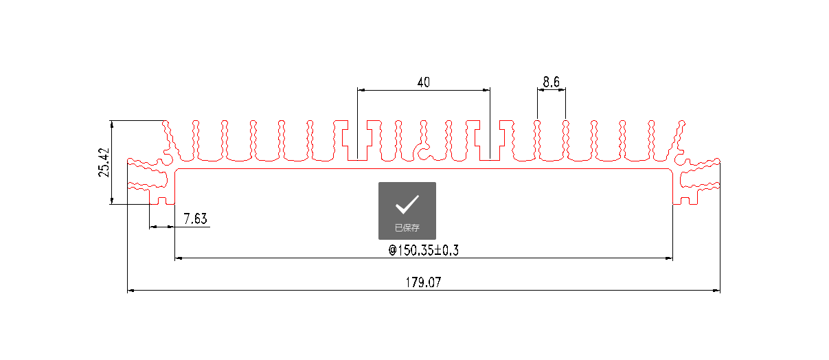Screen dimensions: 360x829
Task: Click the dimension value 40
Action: (423, 82)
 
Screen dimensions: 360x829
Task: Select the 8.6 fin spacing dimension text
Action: (551, 82)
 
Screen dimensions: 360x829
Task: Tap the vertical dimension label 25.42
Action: (104, 162)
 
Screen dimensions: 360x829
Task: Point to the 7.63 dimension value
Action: (195, 219)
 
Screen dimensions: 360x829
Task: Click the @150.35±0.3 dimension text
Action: (423, 251)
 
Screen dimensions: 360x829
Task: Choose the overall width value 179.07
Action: (423, 282)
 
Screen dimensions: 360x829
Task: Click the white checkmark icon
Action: (407, 205)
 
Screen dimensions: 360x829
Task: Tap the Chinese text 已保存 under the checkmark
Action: (407, 228)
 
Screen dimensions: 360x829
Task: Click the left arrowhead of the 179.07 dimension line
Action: (131, 291)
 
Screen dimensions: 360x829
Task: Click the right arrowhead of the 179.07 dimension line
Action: (716, 291)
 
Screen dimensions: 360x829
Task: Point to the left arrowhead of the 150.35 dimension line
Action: (179, 258)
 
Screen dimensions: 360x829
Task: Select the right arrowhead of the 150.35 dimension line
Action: (669, 258)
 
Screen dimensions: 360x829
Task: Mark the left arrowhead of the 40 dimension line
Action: (361, 89)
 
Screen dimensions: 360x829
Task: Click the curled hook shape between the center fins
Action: (424, 150)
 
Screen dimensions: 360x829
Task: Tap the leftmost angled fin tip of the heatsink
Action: (166, 124)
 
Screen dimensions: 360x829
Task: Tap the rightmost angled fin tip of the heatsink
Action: (682, 124)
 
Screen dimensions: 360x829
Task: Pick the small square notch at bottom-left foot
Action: (163, 201)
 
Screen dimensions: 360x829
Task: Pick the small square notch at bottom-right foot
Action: (685, 201)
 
